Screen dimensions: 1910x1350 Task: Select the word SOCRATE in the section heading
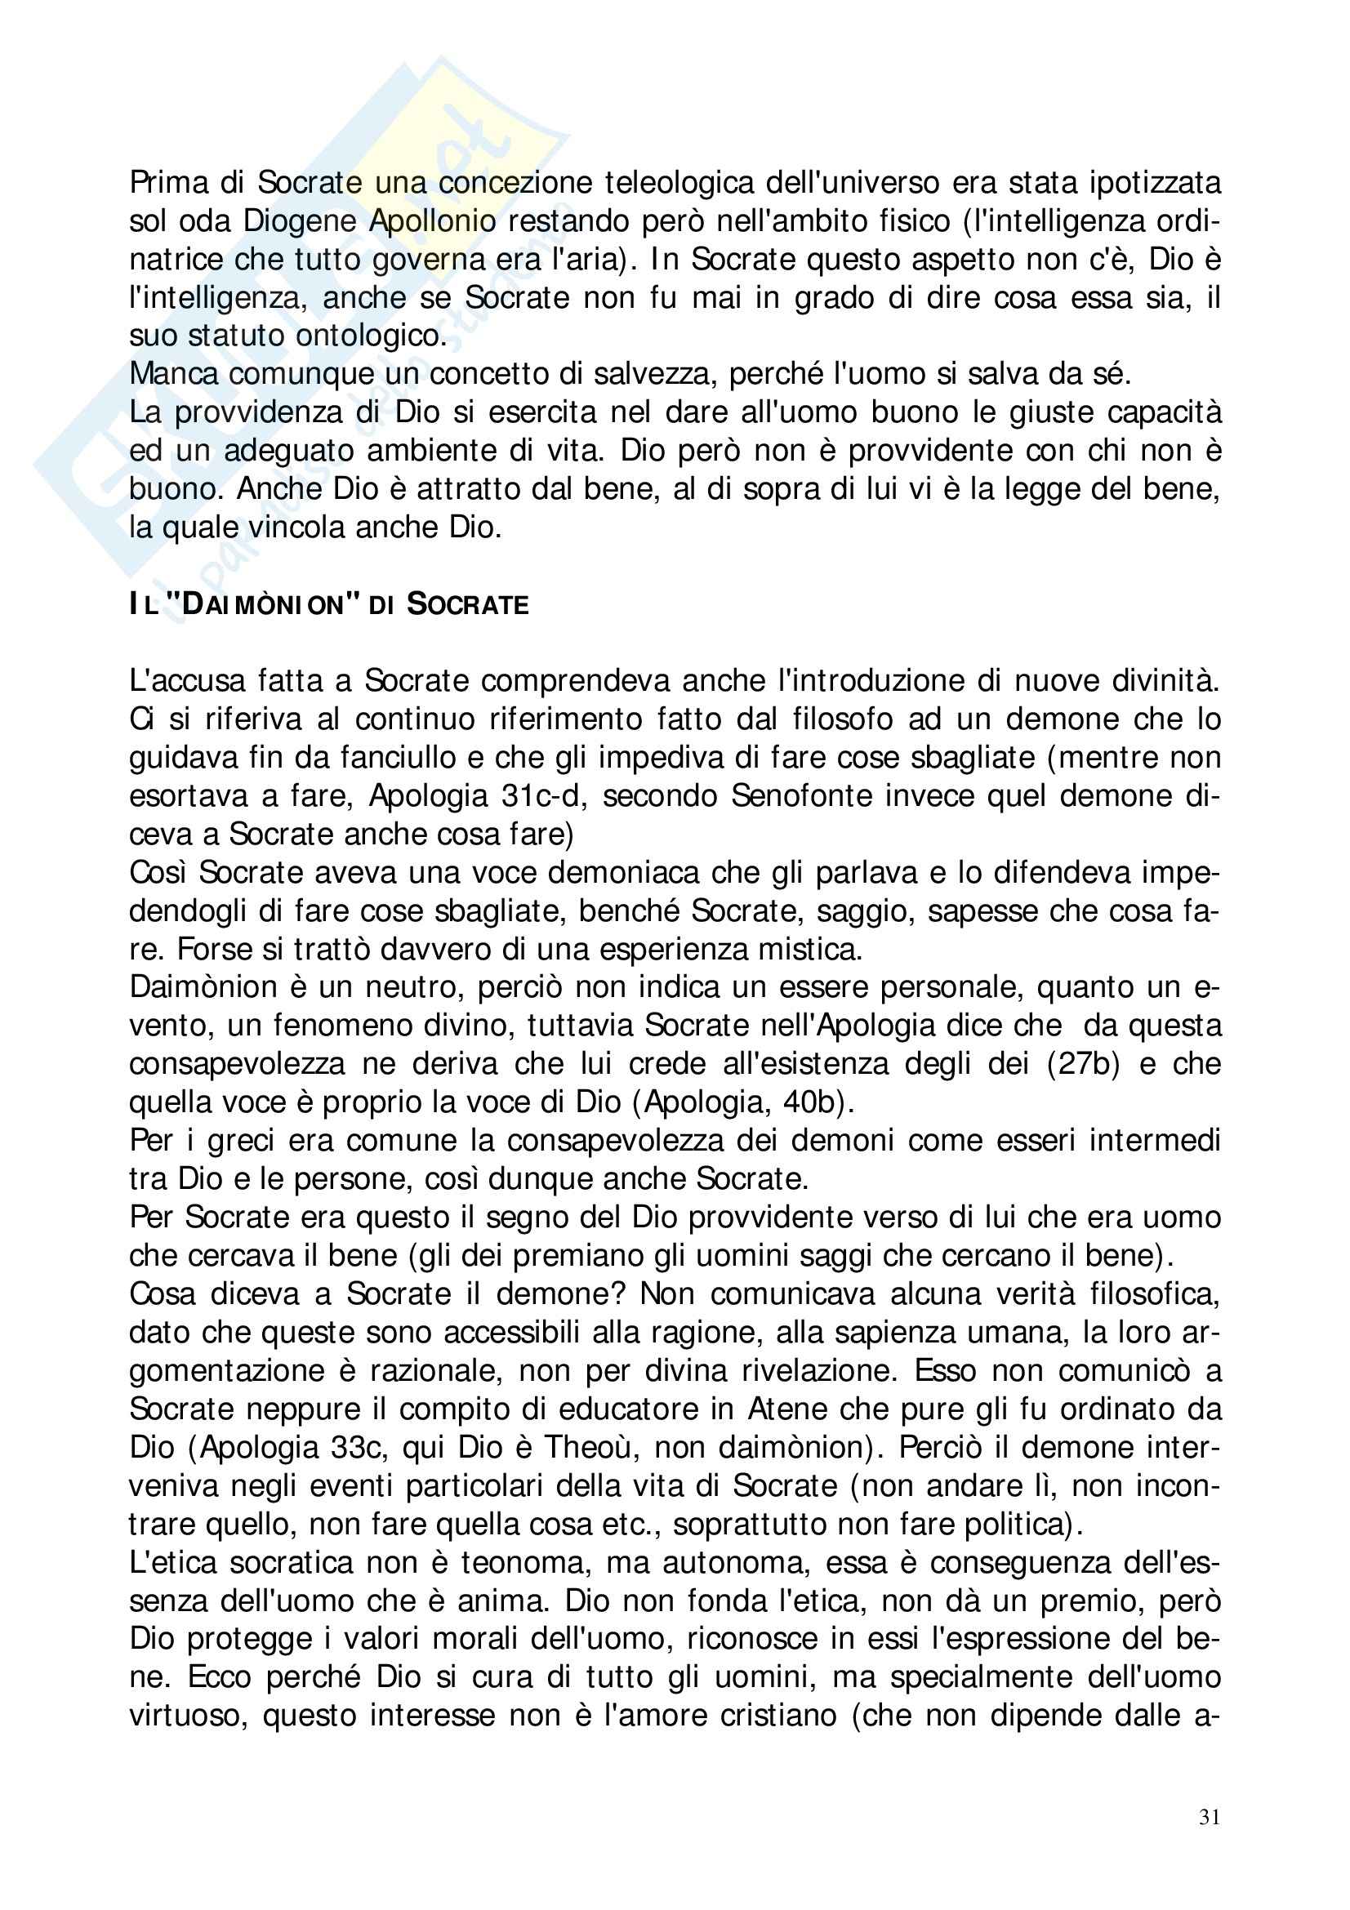click(x=467, y=605)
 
